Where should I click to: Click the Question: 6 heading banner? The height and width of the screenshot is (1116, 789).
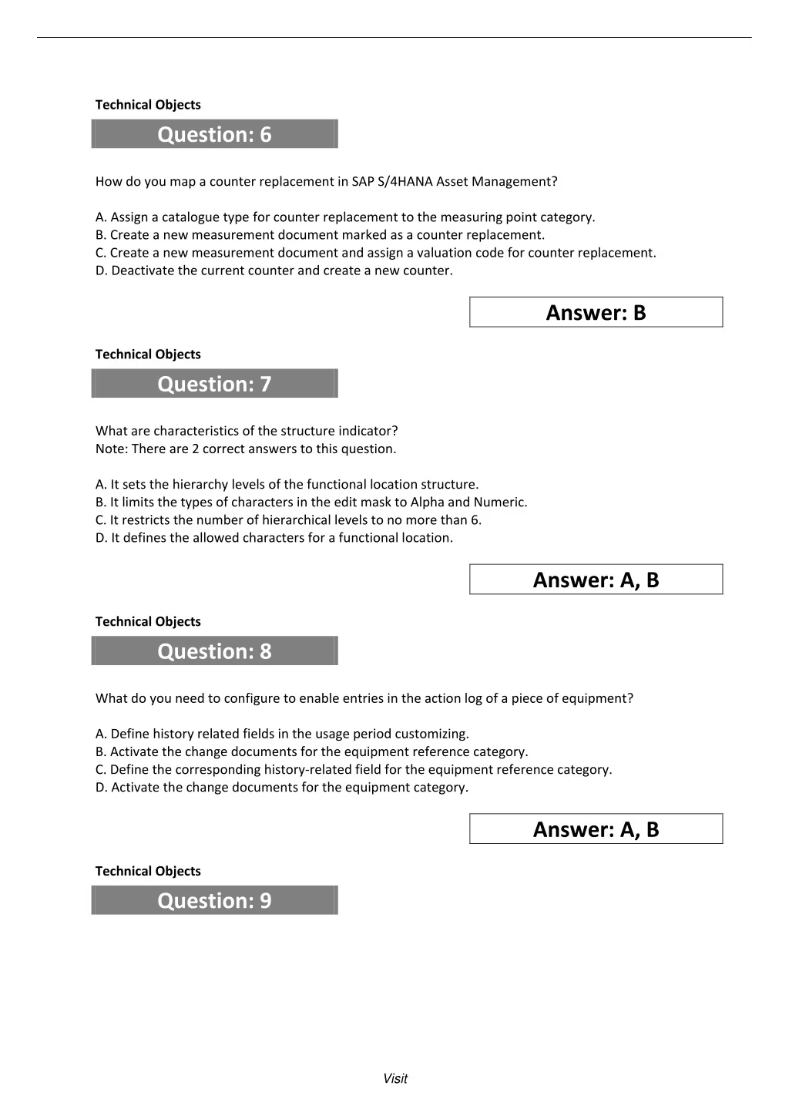coord(214,134)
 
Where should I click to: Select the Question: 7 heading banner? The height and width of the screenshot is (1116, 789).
coord(214,384)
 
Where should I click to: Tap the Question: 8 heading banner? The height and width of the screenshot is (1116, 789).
coord(214,651)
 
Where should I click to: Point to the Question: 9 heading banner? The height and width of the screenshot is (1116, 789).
coord(214,900)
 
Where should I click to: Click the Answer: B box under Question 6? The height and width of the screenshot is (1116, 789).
coord(596,312)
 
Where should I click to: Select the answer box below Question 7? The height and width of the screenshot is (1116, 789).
coord(596,580)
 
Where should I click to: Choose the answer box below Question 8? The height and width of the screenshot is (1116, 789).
coord(596,829)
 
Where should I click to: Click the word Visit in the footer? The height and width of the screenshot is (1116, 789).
coord(395,1079)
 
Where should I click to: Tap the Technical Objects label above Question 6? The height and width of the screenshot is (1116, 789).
coord(148,105)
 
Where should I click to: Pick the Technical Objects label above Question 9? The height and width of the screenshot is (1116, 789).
coord(148,871)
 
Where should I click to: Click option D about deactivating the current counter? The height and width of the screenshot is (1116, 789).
coord(274,271)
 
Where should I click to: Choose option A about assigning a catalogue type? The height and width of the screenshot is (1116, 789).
coord(345,217)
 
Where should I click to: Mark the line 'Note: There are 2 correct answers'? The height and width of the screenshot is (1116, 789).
coord(246,449)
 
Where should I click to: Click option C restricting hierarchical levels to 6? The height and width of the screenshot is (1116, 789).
coord(288,520)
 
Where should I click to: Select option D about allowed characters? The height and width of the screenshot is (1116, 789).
coord(274,538)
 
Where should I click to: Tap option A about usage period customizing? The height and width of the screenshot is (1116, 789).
coord(282,734)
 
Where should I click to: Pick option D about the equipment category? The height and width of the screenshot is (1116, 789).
coord(282,788)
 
